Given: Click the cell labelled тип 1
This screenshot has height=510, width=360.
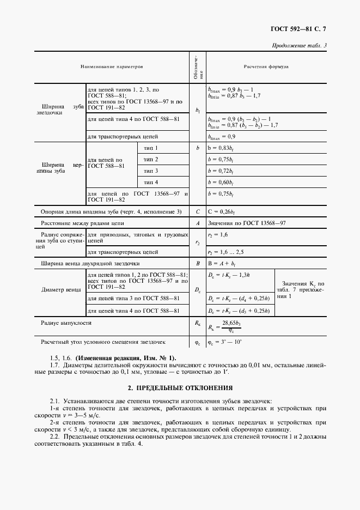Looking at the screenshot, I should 151,148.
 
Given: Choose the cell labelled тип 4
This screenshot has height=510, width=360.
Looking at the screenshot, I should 151,181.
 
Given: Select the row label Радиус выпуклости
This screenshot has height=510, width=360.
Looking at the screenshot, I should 66,323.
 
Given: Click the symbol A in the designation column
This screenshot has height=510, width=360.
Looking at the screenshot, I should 198,223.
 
